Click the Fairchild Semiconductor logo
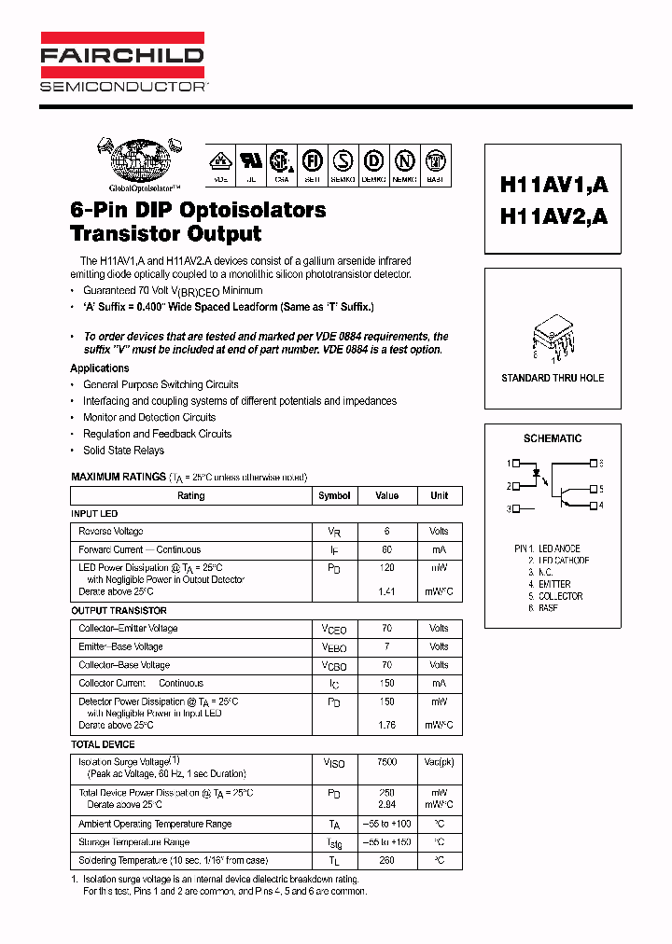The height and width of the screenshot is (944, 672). pos(122,63)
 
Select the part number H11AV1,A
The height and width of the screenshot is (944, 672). pos(553,185)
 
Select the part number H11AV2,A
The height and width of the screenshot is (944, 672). pos(553,215)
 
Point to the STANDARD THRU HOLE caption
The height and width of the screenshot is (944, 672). pos(553,378)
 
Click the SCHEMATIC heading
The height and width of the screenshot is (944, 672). pos(553,438)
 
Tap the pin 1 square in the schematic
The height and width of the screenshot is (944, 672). pos(516,464)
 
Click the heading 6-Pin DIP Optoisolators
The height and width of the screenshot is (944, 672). pos(198,210)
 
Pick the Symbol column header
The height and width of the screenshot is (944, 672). pos(334,496)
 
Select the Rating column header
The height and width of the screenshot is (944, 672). pos(190,496)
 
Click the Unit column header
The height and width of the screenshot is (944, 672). pos(439,496)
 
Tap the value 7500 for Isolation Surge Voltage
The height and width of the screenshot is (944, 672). pos(386,762)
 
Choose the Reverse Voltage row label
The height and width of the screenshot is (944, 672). pos(111,532)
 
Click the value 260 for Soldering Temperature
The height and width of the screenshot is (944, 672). pos(386,860)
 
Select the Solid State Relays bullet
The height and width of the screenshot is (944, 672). pos(123,451)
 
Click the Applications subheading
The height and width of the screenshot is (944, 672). pos(100,368)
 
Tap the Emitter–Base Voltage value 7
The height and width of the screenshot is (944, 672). pos(386,646)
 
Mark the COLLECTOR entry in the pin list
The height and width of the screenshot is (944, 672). pos(560,596)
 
